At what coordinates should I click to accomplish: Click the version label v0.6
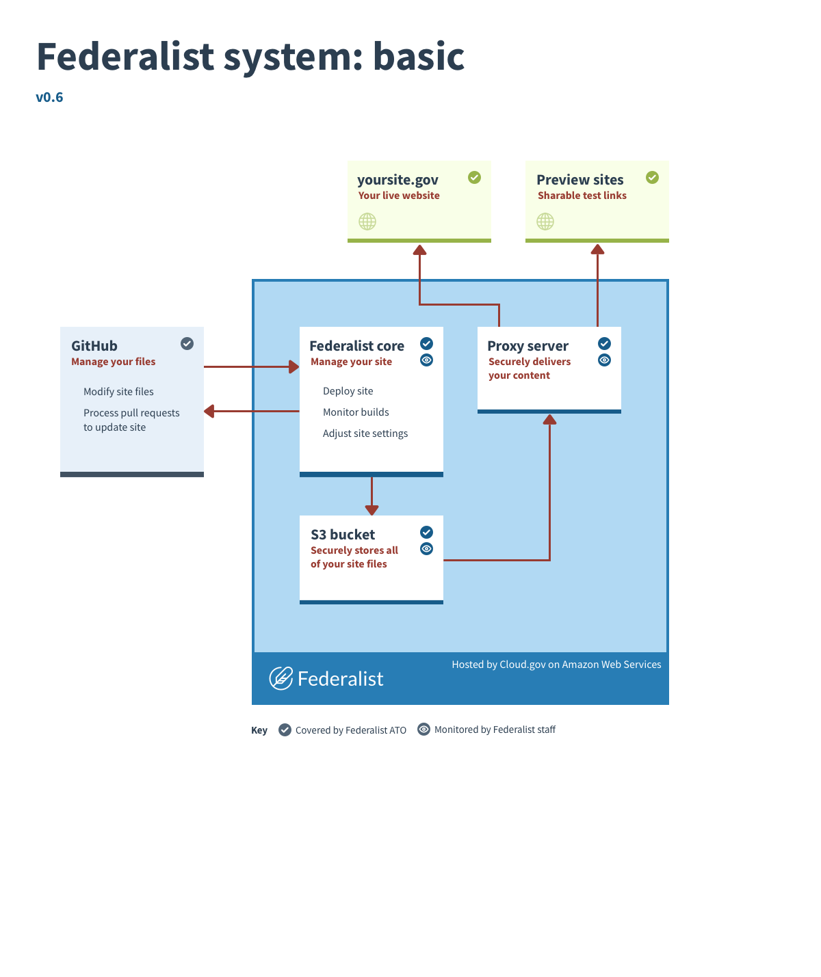tap(49, 97)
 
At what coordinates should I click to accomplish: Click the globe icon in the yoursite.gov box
tap(367, 222)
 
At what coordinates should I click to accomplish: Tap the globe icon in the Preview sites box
tap(545, 222)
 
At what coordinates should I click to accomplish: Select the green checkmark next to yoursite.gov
tap(474, 178)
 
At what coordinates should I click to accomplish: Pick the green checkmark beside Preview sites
tap(652, 178)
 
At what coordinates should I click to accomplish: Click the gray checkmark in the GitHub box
tap(187, 344)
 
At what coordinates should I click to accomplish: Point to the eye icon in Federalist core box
tap(426, 360)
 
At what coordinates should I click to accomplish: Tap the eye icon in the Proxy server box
tap(604, 360)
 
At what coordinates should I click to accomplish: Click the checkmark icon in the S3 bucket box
tap(426, 533)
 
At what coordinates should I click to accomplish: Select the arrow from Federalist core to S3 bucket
tap(372, 496)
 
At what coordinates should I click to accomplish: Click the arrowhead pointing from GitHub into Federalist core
tap(294, 367)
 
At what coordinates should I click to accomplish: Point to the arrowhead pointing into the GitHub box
tap(209, 411)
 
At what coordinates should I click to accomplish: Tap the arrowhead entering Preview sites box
tap(597, 250)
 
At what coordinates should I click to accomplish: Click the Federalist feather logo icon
tap(281, 678)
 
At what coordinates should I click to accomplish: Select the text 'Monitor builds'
tap(356, 412)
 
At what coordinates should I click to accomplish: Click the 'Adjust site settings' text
tap(365, 433)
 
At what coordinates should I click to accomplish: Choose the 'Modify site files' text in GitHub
tap(118, 392)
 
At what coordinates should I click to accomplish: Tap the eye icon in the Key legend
tap(424, 730)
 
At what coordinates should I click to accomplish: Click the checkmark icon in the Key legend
tap(285, 730)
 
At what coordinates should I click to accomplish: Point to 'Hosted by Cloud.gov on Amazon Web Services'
tap(556, 665)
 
